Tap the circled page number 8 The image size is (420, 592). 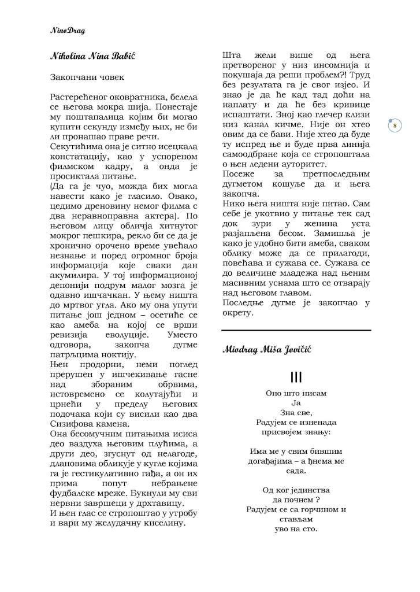(395, 125)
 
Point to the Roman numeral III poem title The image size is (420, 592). (296, 378)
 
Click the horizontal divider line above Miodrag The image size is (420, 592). (296, 330)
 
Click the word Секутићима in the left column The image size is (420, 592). (76, 146)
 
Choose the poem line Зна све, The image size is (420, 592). (296, 413)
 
